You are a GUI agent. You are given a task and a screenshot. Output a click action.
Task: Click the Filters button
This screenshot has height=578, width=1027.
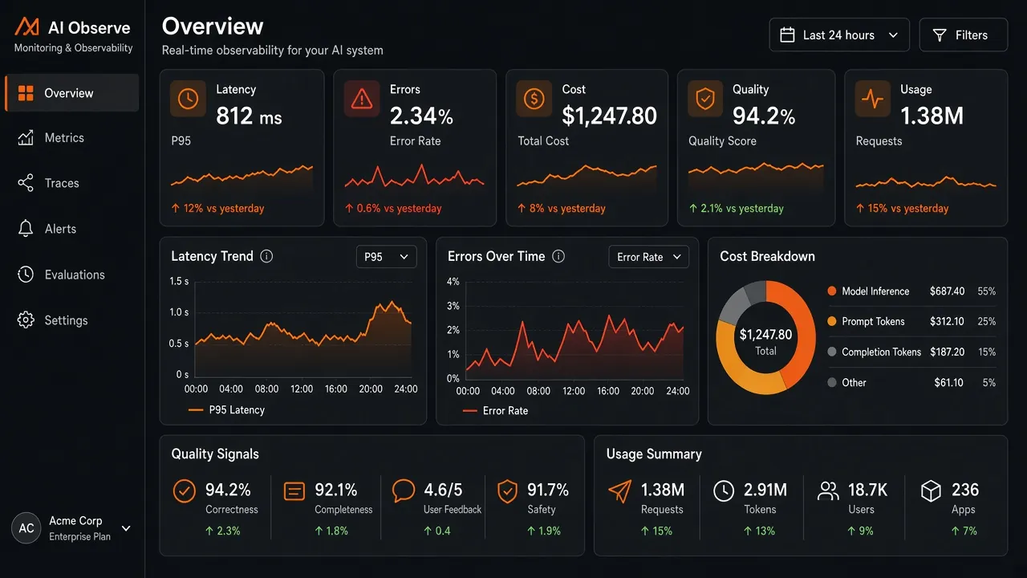click(964, 35)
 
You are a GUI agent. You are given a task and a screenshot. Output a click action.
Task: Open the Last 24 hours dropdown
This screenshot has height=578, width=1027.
click(839, 35)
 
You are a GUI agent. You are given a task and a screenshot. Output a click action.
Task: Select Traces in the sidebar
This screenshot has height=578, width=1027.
click(62, 183)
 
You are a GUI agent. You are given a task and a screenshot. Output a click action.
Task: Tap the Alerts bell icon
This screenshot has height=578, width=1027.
click(26, 229)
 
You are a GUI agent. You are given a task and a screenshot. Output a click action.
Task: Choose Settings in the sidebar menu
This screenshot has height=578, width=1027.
click(66, 320)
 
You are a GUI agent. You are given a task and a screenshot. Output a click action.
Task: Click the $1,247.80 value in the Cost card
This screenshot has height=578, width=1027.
click(609, 116)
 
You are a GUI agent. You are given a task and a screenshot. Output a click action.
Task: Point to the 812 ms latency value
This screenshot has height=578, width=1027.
click(249, 116)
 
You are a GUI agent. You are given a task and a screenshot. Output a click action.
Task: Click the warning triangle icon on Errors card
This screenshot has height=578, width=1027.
click(362, 99)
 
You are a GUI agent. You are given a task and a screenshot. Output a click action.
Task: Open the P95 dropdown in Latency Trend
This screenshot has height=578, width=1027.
click(386, 257)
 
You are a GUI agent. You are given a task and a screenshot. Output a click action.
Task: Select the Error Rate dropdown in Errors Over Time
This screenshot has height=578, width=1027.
click(648, 257)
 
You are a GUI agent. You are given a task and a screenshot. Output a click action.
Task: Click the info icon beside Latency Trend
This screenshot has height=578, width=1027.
click(266, 256)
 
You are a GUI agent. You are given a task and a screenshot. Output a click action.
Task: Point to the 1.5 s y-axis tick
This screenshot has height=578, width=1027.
click(179, 281)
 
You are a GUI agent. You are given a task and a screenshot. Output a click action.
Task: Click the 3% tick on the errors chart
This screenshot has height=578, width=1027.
click(453, 306)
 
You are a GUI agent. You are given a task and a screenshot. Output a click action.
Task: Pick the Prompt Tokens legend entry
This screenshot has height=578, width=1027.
click(873, 322)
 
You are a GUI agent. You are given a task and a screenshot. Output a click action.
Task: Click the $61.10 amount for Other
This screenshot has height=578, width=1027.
click(948, 383)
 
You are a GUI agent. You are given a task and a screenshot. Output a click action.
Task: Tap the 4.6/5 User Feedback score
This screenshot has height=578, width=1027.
click(443, 490)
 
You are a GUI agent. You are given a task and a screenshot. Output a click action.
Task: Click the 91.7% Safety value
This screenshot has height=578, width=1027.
click(548, 490)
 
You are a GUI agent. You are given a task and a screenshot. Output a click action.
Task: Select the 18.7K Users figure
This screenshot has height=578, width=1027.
click(867, 490)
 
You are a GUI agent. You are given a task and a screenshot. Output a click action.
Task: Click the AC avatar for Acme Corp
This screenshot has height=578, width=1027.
click(26, 528)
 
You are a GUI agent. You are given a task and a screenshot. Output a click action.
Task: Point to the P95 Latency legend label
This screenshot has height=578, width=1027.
click(237, 410)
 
